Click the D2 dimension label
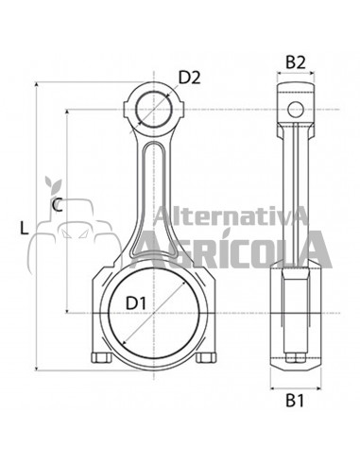(190, 77)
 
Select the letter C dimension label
(58, 204)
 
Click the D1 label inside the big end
(137, 302)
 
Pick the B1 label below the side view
(295, 400)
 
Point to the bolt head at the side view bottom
(295, 359)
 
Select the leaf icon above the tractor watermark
(53, 182)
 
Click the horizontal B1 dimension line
(295, 387)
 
